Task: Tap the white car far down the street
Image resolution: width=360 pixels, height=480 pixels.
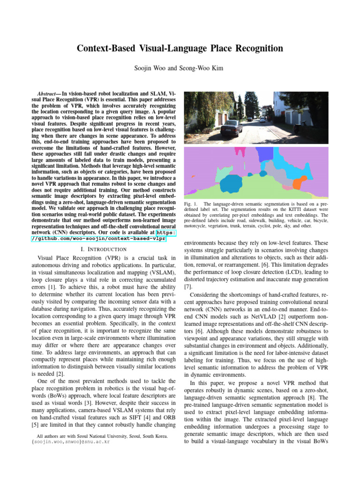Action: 262,120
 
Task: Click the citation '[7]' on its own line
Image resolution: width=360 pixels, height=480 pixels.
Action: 187,286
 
